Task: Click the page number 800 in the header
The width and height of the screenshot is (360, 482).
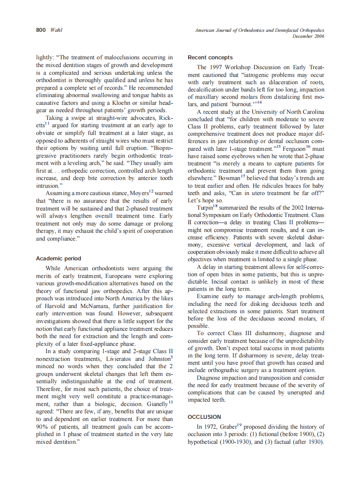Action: click(x=41, y=31)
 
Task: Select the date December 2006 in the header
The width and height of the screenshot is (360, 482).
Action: click(x=308, y=36)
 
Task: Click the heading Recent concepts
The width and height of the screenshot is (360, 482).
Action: click(x=210, y=57)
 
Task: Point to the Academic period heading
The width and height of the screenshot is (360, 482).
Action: click(x=58, y=259)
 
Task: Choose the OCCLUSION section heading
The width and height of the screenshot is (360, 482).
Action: click(x=204, y=417)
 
